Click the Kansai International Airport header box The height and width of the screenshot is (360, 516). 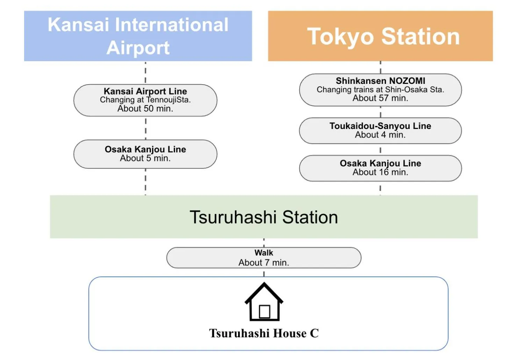coord(138,36)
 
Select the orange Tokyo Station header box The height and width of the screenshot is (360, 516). coord(380,36)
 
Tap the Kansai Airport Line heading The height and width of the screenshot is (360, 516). coord(145,91)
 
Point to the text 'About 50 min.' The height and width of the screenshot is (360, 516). coord(145,109)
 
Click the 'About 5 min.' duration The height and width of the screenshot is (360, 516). coord(145,158)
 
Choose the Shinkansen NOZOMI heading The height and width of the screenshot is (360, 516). coord(380,81)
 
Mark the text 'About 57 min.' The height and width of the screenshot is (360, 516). coord(380,98)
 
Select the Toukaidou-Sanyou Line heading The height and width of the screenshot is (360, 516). coord(380,126)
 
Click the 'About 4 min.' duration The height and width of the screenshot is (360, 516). coord(380,135)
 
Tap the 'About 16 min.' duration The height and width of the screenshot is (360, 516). coord(380,172)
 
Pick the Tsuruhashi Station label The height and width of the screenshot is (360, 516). coord(264,217)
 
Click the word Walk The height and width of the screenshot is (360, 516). coord(264,253)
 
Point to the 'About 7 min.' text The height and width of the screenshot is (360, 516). coord(264,262)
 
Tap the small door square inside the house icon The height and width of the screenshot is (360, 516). coord(264,311)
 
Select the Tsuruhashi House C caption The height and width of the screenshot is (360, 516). coord(264,333)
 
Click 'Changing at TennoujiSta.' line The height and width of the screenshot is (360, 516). coord(145,100)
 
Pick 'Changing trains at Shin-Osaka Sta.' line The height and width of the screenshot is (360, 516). coord(380,89)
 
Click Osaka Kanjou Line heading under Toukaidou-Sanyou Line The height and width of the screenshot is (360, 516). coord(380,163)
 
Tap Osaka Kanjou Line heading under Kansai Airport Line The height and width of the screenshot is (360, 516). coord(145,149)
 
